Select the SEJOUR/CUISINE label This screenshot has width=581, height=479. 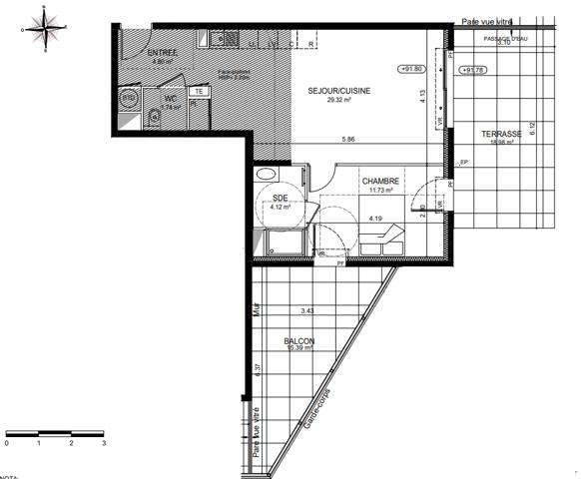(x=338, y=91)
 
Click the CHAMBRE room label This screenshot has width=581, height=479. (x=381, y=181)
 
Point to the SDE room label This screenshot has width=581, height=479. (x=280, y=198)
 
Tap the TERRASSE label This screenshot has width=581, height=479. (x=501, y=133)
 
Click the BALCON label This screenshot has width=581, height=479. (x=300, y=341)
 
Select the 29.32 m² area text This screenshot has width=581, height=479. (x=338, y=101)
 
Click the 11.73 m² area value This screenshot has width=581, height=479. (x=381, y=190)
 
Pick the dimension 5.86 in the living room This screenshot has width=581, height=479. (x=348, y=138)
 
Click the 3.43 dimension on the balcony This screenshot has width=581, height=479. (x=306, y=312)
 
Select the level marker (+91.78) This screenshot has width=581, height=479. (x=472, y=70)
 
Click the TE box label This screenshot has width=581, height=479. (x=199, y=91)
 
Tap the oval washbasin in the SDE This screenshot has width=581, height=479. (x=268, y=175)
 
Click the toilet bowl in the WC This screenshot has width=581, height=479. (x=151, y=118)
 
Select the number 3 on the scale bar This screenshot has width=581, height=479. (x=103, y=440)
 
